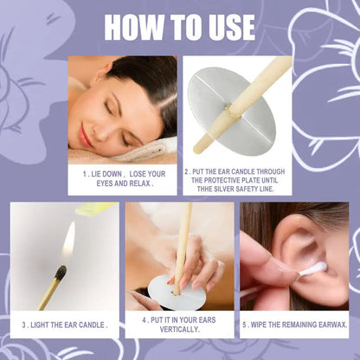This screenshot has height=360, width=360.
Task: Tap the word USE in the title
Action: pos(226,27)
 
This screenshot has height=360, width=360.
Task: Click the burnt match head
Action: pos(61,273)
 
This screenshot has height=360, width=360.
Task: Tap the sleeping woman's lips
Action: pos(84,135)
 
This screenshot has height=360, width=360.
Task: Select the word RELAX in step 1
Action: pos(141,183)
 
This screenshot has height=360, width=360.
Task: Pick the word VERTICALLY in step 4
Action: pos(179,329)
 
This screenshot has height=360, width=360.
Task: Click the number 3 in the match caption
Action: pos(24,325)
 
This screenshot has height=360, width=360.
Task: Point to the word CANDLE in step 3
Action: pos(91,325)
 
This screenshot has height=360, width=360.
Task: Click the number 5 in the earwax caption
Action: pos(244,325)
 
